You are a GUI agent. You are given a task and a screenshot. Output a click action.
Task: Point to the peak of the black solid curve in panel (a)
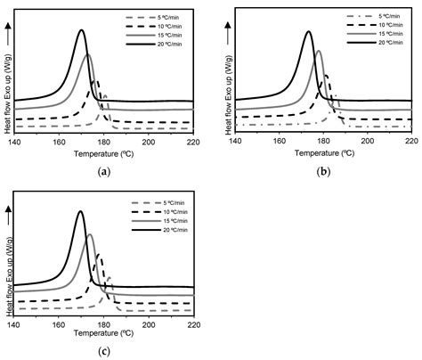point(82,30)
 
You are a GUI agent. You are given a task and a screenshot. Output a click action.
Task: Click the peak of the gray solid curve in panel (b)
point(319,51)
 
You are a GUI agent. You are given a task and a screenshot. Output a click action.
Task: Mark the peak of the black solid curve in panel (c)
point(81,212)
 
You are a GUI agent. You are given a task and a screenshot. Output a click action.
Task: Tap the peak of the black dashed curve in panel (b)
point(326,75)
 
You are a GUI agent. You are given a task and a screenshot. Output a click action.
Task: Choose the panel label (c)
point(105,351)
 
